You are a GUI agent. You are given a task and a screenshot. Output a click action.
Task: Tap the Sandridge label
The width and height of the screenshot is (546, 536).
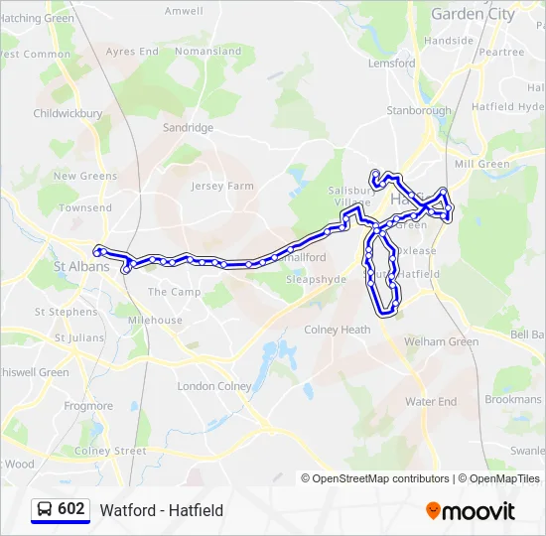click(188, 128)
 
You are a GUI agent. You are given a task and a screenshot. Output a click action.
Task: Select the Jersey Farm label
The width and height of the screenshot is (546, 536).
click(222, 186)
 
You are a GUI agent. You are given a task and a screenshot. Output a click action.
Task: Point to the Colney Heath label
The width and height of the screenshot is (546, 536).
click(337, 330)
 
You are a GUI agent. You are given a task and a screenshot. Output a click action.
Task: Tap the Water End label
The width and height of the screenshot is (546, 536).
click(431, 402)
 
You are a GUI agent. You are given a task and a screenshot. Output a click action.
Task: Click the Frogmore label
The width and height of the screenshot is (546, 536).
click(88, 406)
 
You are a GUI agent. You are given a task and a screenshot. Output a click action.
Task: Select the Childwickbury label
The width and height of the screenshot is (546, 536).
click(68, 114)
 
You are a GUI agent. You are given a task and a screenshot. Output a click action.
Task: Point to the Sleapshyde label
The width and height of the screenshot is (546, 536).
click(316, 280)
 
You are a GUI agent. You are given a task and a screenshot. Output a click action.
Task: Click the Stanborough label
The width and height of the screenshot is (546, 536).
click(418, 110)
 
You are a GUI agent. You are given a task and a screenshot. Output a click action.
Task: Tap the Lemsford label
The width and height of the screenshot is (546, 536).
click(391, 63)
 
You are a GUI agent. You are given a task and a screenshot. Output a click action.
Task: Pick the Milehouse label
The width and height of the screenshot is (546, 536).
click(154, 321)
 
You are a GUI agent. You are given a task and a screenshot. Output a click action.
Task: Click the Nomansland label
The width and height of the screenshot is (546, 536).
click(207, 51)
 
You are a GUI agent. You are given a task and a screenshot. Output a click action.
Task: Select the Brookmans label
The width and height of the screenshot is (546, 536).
click(512, 399)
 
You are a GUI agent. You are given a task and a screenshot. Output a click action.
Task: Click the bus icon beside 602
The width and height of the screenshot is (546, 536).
click(45, 509)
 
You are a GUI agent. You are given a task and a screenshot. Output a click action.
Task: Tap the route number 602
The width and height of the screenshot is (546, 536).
click(71, 509)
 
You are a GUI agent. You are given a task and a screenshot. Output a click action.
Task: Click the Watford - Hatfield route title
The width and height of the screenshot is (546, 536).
click(161, 510)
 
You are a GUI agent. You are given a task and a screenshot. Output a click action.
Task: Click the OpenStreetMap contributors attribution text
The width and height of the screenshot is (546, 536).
click(381, 478)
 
